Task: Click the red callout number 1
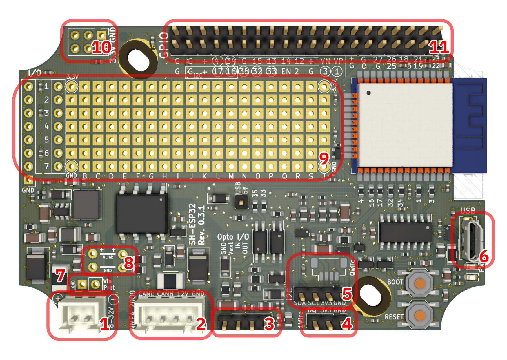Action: pos(105,323)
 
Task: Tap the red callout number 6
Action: pos(484,256)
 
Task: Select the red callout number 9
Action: pos(324,158)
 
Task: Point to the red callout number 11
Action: pos(438,47)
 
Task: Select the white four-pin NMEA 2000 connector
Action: pos(170,316)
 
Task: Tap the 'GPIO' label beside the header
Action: pos(164,45)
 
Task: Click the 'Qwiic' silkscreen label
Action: pos(352,267)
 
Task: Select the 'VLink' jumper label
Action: pos(108,257)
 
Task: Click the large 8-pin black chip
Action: pos(142,213)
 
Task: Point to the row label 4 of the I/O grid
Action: pos(46,126)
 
